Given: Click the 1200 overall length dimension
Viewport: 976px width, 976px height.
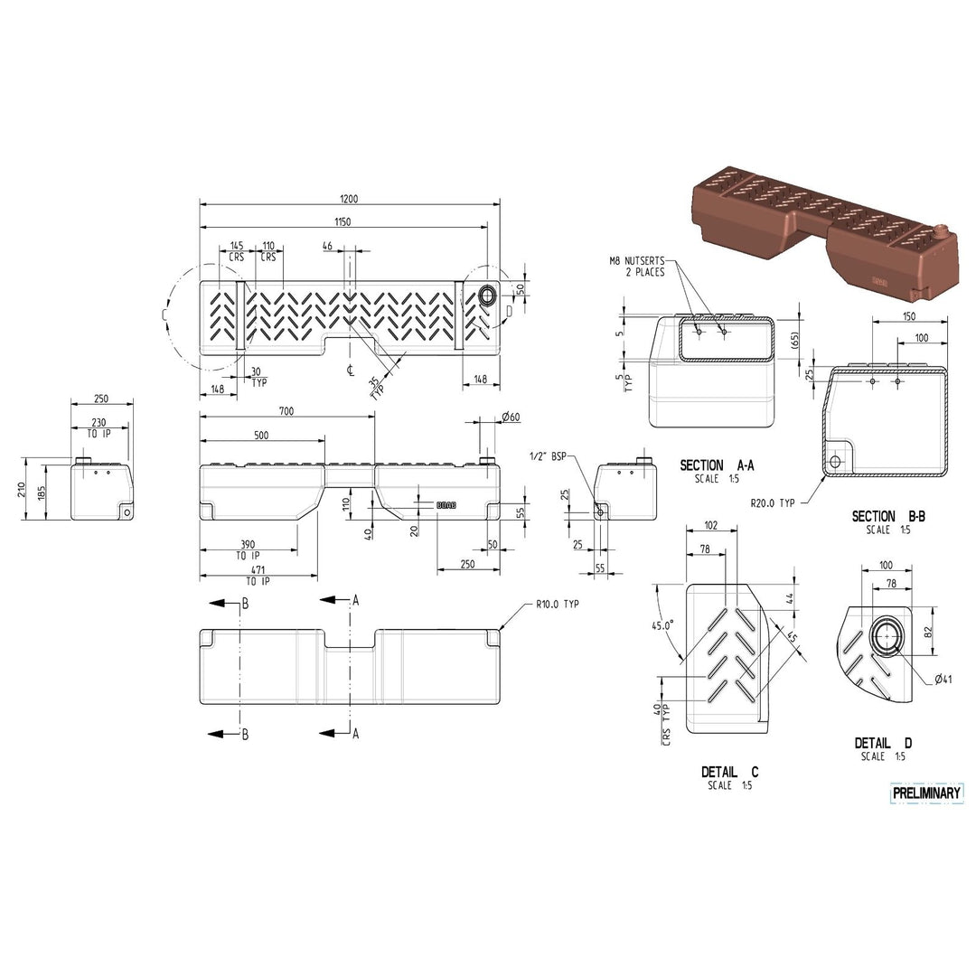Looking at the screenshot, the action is pyautogui.click(x=349, y=199).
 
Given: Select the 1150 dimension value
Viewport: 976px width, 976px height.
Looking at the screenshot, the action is pyautogui.click(x=343, y=221).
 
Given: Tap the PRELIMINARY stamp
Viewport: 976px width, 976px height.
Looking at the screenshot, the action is pyautogui.click(x=927, y=793).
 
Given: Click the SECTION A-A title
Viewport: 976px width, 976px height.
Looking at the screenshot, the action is pyautogui.click(x=717, y=465).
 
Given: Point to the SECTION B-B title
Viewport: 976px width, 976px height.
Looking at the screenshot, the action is pyautogui.click(x=888, y=516).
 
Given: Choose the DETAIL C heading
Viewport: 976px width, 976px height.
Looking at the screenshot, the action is pyautogui.click(x=729, y=772).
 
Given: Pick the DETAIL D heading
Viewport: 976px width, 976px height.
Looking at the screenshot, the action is pyautogui.click(x=883, y=743).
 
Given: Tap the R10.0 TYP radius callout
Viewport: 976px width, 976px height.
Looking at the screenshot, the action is pyautogui.click(x=557, y=604).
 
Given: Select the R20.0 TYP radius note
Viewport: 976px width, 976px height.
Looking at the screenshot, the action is pyautogui.click(x=773, y=503).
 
